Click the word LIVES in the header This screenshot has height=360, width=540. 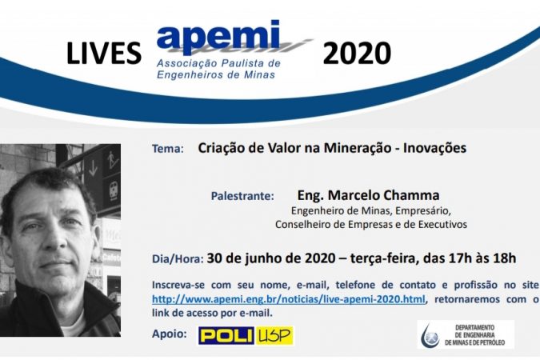[104, 53]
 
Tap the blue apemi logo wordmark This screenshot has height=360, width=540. [218, 37]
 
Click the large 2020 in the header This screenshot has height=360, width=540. [357, 53]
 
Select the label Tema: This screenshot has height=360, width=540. [168, 149]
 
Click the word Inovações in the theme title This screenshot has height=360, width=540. [434, 148]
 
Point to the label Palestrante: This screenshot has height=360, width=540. [242, 196]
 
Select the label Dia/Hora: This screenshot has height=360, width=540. [178, 258]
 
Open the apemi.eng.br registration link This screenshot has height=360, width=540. [289, 299]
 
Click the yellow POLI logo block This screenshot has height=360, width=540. [226, 335]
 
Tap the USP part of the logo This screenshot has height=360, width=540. [274, 335]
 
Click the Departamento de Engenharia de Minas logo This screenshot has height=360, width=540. [466, 335]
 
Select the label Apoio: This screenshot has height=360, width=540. [170, 334]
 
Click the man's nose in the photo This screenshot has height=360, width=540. [55, 238]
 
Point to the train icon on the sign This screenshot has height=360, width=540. [114, 190]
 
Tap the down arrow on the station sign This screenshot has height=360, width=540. [93, 168]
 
